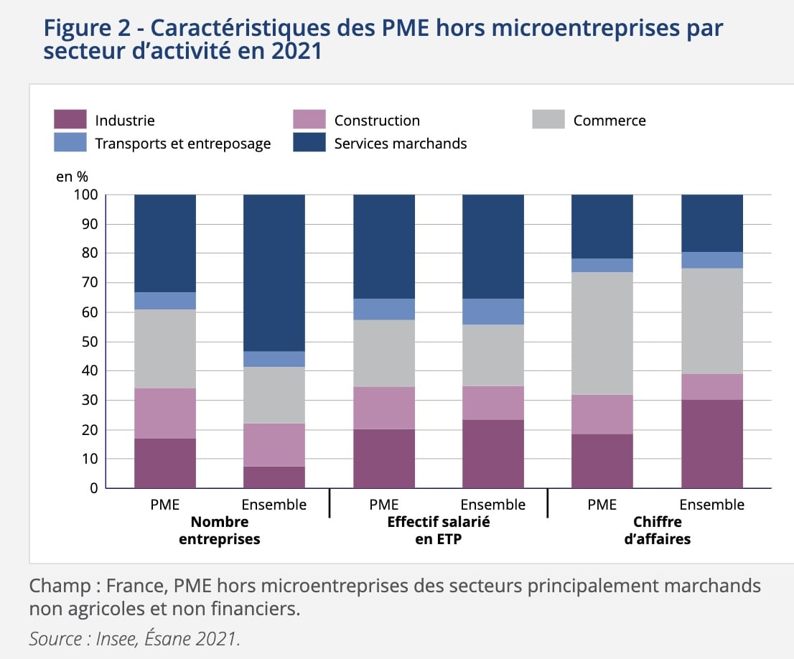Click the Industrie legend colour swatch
[x=70, y=120]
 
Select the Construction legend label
[x=377, y=121]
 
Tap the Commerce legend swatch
[x=548, y=120]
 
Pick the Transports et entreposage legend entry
[x=182, y=144]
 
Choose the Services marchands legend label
[x=401, y=144]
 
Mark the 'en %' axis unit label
[x=72, y=177]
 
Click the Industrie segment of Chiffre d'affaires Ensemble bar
[x=711, y=444]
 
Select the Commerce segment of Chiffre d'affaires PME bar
[x=602, y=333]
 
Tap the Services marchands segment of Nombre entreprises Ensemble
[x=274, y=273]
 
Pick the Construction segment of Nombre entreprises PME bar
[x=165, y=413]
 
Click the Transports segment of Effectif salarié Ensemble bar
[x=492, y=312]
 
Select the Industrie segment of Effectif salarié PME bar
[x=383, y=458]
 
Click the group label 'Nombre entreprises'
[x=220, y=531]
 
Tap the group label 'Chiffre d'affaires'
[x=657, y=531]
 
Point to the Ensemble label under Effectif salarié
[x=492, y=505]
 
